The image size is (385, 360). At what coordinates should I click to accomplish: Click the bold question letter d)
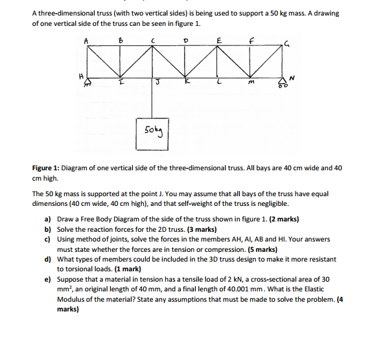(x=48, y=259)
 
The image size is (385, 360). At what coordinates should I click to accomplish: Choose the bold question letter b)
(x=48, y=230)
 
